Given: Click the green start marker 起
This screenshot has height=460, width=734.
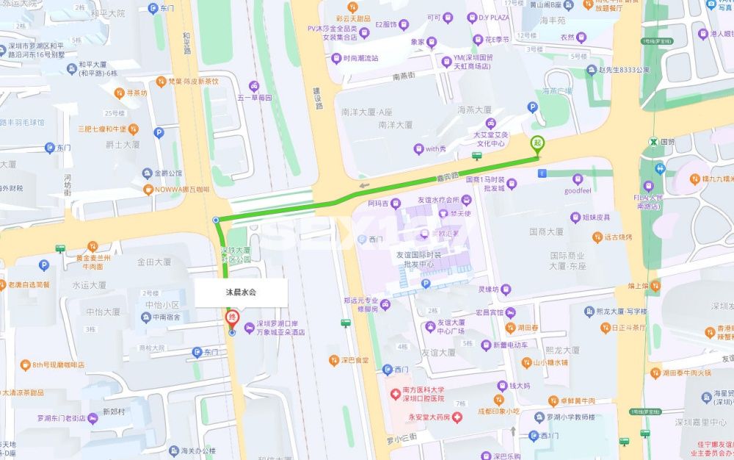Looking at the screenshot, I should coord(537,143).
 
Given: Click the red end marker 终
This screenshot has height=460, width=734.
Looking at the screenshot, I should coord(231,317).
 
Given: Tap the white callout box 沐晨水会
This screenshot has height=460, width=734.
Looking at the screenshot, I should coord(241,292).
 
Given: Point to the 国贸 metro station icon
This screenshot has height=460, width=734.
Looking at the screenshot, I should coord(651,142).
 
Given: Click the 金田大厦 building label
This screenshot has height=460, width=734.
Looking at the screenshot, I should coord(154,261).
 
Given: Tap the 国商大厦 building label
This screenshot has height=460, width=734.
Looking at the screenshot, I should coord(546,231).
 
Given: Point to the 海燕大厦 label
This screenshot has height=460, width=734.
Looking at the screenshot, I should coord(474,109).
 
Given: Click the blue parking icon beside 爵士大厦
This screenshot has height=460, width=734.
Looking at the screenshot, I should coord(158,133).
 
